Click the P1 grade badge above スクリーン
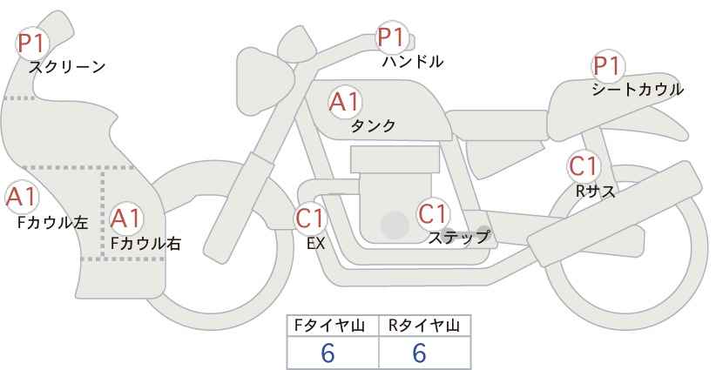(x=33, y=42)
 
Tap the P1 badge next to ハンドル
(x=391, y=37)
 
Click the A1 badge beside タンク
(x=344, y=102)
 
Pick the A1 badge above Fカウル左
(x=21, y=198)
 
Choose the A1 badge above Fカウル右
(x=126, y=218)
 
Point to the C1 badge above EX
(x=309, y=218)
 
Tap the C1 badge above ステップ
(x=432, y=213)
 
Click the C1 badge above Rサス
(x=582, y=165)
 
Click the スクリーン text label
(x=67, y=67)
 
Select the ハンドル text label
(x=413, y=62)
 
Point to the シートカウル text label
(x=638, y=90)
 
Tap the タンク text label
(x=373, y=126)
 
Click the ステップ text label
(x=459, y=236)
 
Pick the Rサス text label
(x=596, y=192)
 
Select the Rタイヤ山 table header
(x=423, y=326)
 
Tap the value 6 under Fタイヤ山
(x=328, y=353)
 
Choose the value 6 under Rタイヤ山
(x=419, y=353)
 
